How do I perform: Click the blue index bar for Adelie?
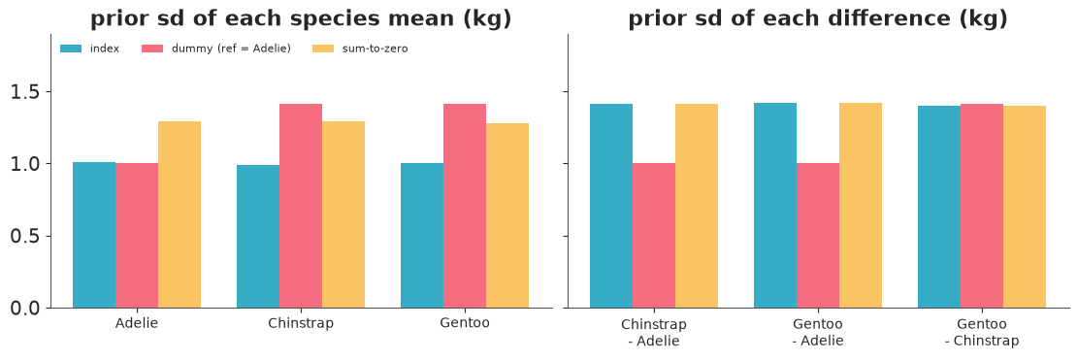94,235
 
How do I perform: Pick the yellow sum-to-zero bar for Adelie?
180,214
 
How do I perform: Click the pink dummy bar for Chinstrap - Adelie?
654,236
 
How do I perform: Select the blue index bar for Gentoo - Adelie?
775,206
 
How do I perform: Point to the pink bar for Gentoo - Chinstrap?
982,206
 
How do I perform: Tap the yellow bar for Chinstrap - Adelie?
697,206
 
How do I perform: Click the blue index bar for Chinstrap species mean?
258,237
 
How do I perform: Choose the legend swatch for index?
72,49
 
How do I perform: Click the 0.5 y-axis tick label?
27,237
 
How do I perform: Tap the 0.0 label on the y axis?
27,309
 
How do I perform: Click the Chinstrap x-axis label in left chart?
301,323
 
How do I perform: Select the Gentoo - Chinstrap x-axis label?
982,332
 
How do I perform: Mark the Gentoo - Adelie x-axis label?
818,332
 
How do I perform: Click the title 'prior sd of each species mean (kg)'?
301,19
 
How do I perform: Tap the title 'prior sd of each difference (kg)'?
818,19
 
